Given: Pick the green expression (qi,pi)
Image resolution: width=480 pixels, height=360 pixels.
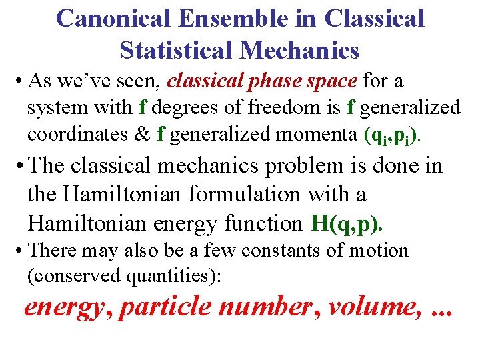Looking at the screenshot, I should pos(393,136).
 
